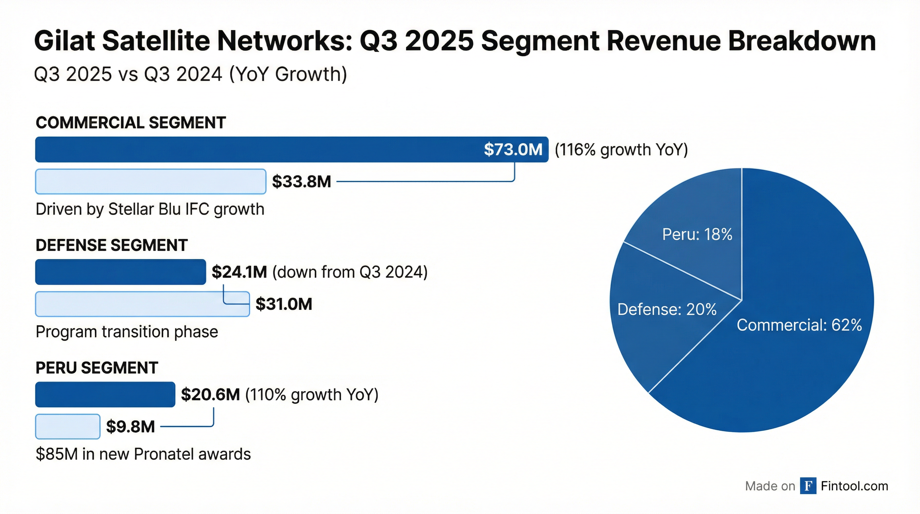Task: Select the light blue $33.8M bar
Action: click(x=150, y=182)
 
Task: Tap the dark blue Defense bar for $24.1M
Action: click(x=120, y=272)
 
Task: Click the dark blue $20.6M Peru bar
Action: click(x=105, y=395)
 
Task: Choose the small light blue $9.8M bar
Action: click(x=68, y=426)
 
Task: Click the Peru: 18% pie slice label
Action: click(x=697, y=235)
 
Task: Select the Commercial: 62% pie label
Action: click(x=799, y=325)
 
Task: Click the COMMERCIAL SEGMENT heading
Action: click(x=131, y=122)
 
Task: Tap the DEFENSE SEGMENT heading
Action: click(x=111, y=245)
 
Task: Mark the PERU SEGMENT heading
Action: click(x=97, y=368)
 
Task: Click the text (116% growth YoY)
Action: click(x=621, y=149)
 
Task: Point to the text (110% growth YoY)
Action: click(x=312, y=395)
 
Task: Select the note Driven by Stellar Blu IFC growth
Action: click(x=150, y=209)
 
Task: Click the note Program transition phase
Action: click(x=127, y=332)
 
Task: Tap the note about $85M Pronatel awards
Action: click(x=143, y=454)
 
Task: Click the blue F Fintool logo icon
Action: click(x=808, y=486)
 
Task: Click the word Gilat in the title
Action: click(x=64, y=41)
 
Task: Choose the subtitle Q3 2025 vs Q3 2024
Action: click(x=190, y=74)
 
